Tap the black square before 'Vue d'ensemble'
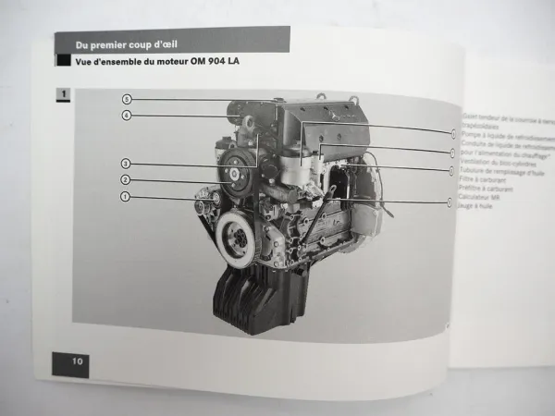[63, 62]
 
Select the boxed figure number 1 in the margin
[62, 94]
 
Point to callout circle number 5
[126, 98]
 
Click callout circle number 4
[126, 116]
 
